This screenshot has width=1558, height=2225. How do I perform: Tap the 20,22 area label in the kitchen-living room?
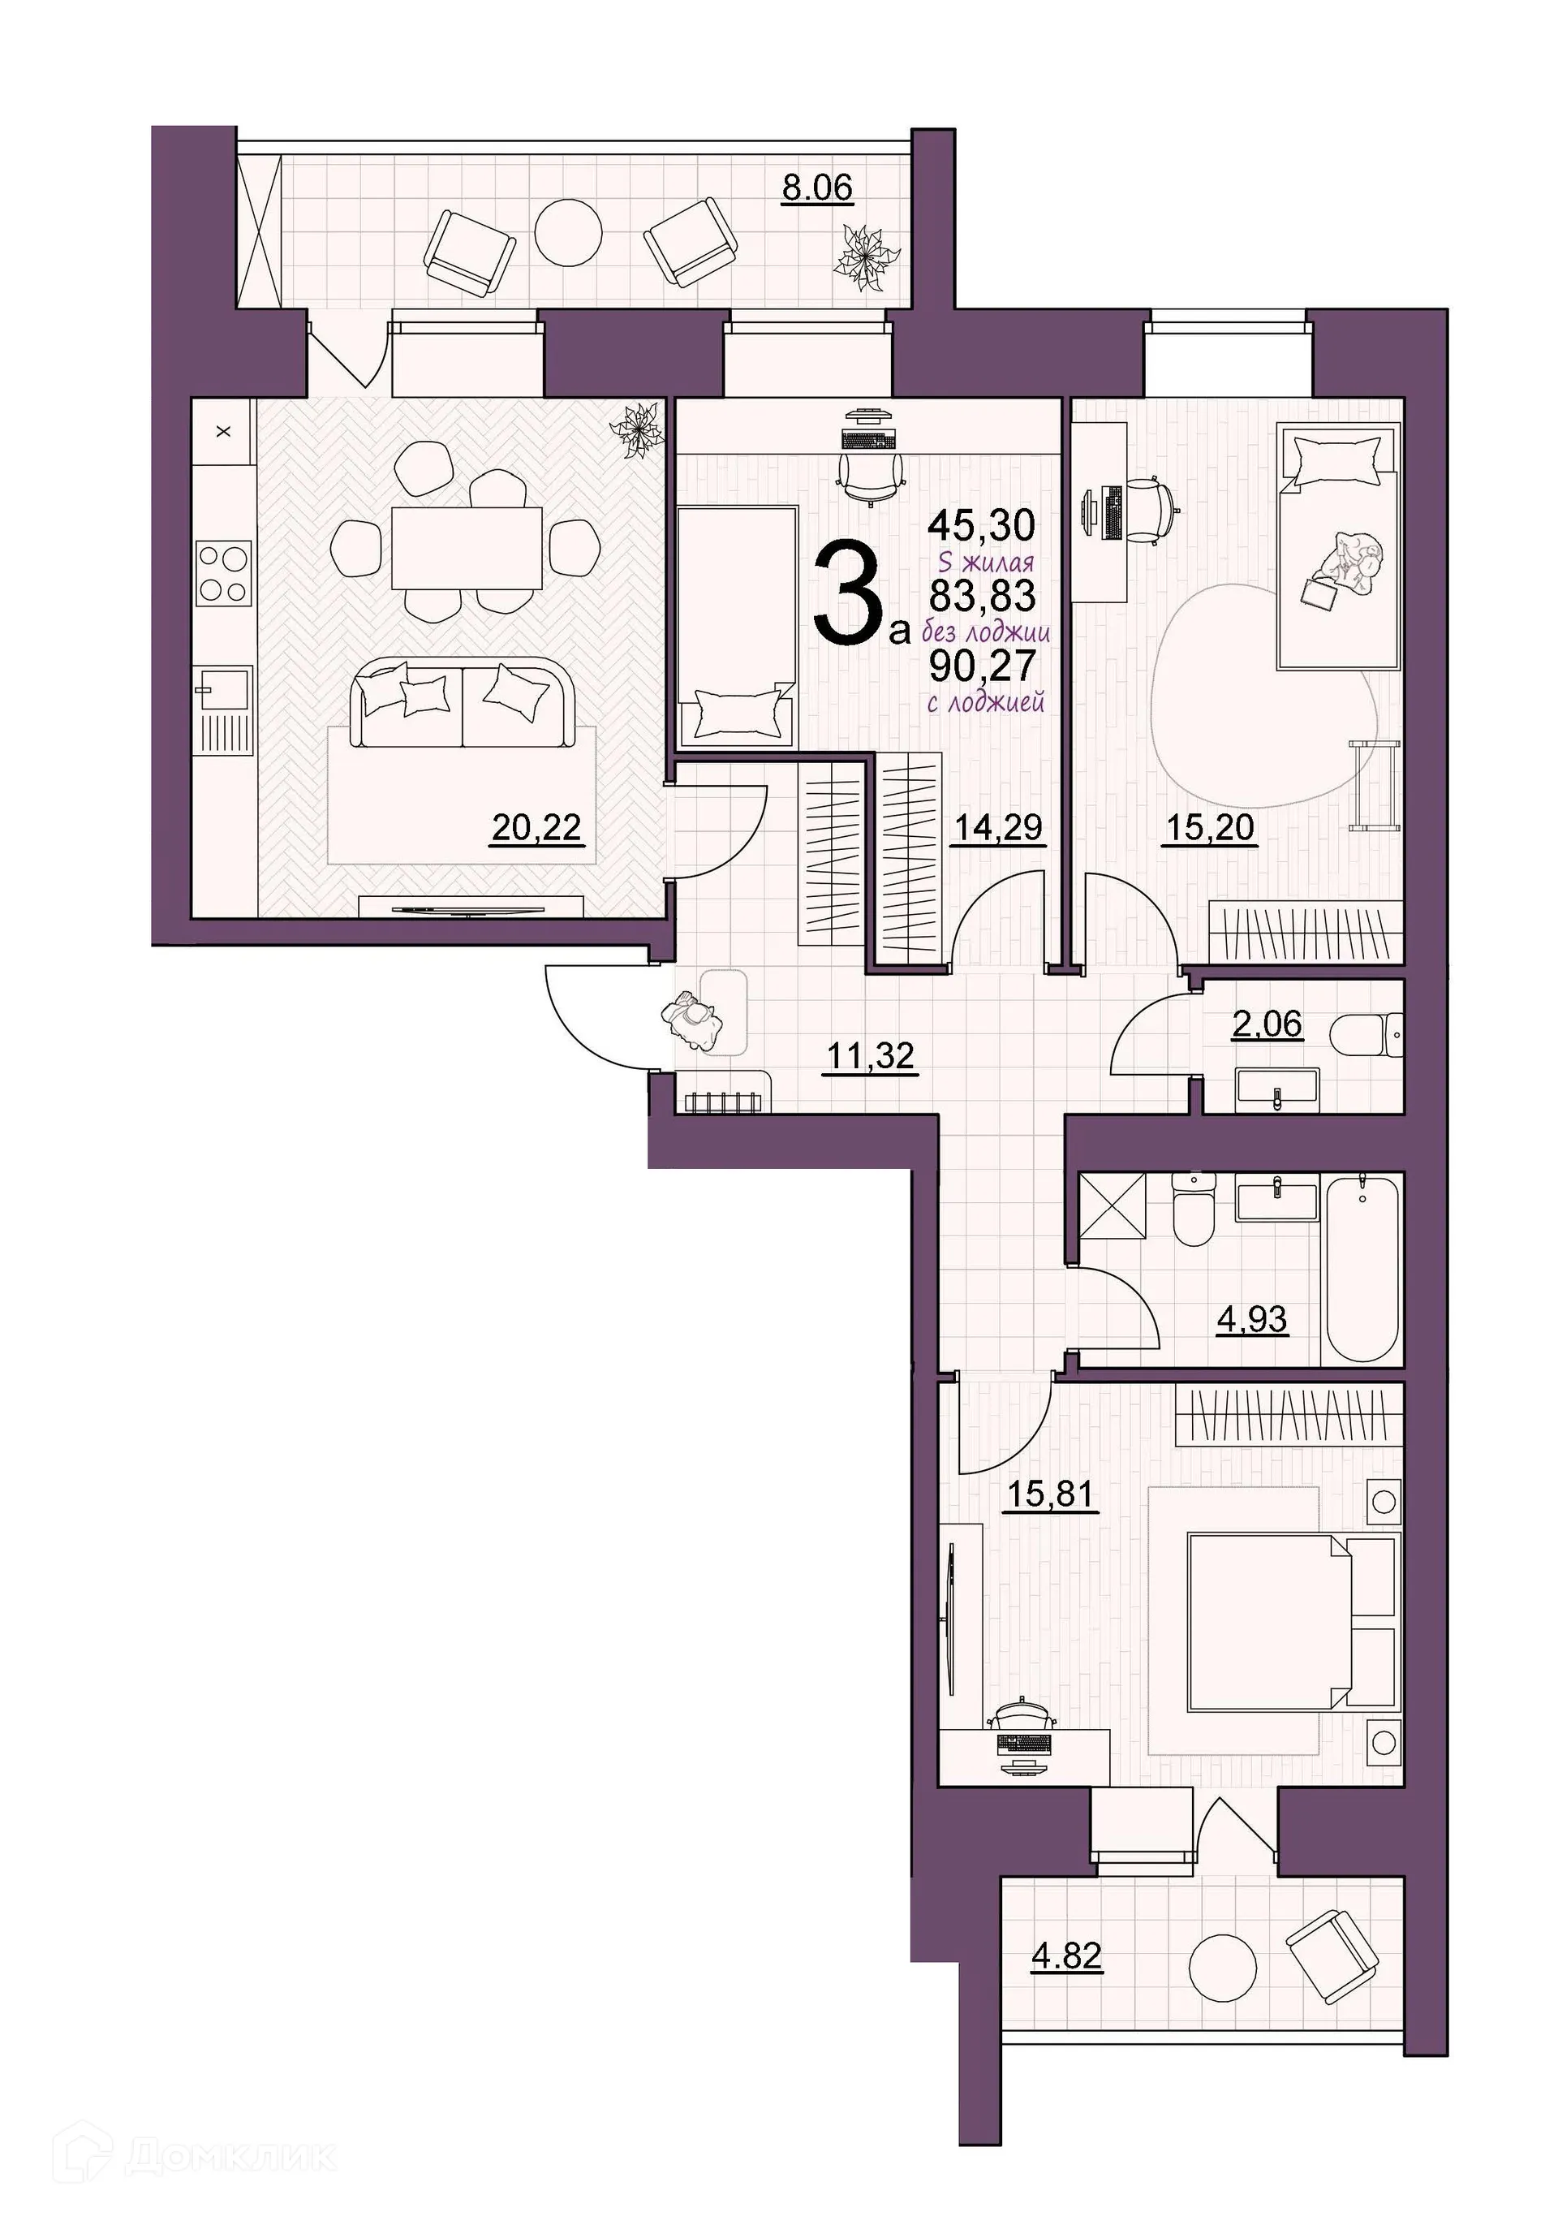point(536,826)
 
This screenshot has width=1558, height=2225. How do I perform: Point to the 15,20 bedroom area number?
point(1209,828)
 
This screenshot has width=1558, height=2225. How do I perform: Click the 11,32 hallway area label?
point(870,1054)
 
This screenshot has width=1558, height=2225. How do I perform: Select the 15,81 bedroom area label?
point(1050,1494)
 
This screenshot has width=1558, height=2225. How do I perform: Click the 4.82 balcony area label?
point(1065,1955)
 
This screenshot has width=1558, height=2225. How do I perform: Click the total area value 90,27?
point(983,666)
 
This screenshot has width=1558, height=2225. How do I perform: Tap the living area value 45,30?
point(982,525)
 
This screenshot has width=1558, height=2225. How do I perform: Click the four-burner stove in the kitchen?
point(224,573)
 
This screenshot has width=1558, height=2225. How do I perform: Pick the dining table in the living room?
point(466,548)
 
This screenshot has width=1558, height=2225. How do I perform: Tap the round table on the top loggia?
point(569,231)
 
